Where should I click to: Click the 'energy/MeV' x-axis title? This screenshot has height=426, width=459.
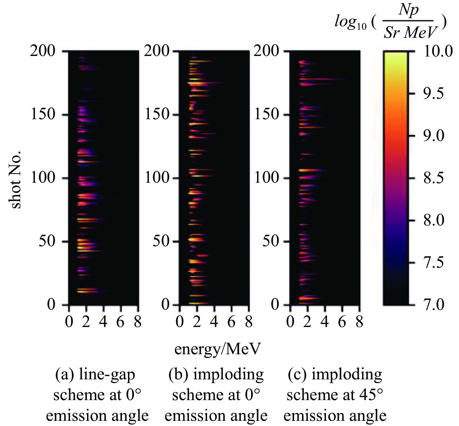pyautogui.click(x=217, y=349)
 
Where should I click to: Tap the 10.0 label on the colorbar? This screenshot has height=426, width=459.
pyautogui.click(x=438, y=51)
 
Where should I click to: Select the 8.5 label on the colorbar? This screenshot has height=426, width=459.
pyautogui.click(x=434, y=178)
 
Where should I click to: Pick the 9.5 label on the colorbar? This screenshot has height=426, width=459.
pyautogui.click(x=434, y=93)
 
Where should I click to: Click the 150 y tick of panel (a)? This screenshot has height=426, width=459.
pyautogui.click(x=43, y=114)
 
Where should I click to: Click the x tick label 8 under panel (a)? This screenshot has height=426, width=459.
pyautogui.click(x=138, y=322)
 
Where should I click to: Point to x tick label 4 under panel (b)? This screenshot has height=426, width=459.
pyautogui.click(x=214, y=322)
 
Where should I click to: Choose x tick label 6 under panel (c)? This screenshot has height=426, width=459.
pyautogui.click(x=342, y=322)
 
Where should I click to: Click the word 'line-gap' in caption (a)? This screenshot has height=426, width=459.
pyautogui.click(x=107, y=375)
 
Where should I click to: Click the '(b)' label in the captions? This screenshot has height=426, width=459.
pyautogui.click(x=178, y=375)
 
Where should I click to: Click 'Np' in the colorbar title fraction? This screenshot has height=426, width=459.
pyautogui.click(x=408, y=10)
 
